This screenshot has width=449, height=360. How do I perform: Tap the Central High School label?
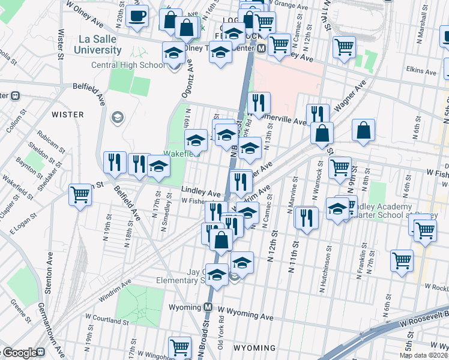tap(128, 65)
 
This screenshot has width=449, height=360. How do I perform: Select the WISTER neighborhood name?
tap(67, 114)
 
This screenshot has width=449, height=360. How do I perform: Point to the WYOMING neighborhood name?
tap(254, 348)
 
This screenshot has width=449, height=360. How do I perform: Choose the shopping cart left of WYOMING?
tap(179, 346)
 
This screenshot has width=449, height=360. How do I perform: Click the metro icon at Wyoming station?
tap(208, 307)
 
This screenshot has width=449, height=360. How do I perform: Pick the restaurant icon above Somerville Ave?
tap(259, 103)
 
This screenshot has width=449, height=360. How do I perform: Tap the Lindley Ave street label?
tap(200, 193)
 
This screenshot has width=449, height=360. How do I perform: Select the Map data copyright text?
tap(424, 355)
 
